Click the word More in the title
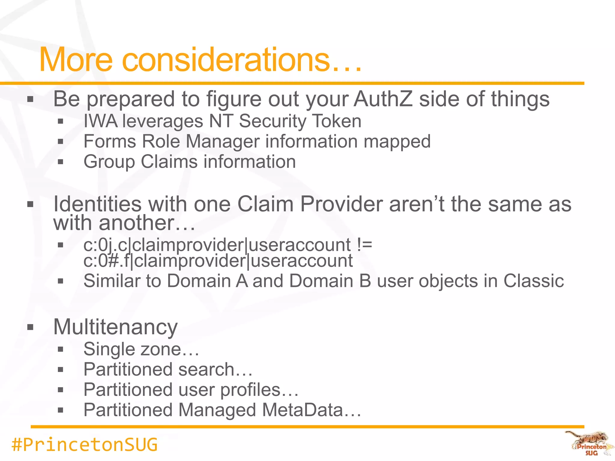pyautogui.click(x=76, y=60)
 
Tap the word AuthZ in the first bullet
pyautogui.click(x=383, y=99)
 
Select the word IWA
pyautogui.click(x=101, y=121)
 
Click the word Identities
pyautogui.click(x=98, y=204)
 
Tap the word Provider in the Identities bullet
pyautogui.click(x=341, y=204)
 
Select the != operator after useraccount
pyautogui.click(x=365, y=245)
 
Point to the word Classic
pyautogui.click(x=534, y=281)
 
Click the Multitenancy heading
pyautogui.click(x=116, y=327)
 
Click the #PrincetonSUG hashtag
pyautogui.click(x=84, y=445)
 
